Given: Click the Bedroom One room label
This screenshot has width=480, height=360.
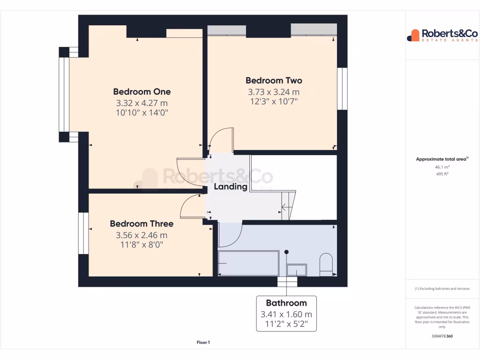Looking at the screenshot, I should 142,91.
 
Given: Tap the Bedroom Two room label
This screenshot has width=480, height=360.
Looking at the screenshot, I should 274,81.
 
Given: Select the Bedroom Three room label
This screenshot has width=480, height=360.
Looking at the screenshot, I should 142,224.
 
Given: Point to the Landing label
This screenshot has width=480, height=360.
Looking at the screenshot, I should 230,187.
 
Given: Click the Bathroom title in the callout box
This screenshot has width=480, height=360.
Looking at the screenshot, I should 286,303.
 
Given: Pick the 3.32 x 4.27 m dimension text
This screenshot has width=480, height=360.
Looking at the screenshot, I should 142,103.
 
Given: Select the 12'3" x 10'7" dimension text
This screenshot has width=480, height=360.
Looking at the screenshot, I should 274,101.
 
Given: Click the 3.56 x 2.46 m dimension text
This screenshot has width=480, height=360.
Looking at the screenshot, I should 142,235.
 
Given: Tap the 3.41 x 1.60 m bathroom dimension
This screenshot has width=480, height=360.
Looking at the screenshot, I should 286,315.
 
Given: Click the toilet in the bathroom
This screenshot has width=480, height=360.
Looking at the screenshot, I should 326,264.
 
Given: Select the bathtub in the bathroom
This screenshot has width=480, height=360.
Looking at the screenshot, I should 248,263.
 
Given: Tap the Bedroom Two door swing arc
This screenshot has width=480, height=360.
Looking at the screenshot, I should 221,139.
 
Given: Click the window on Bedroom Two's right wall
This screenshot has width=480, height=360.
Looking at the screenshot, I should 343,89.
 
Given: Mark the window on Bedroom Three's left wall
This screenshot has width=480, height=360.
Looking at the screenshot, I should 83,233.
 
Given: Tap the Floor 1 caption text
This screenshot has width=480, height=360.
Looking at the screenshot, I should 203,343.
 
